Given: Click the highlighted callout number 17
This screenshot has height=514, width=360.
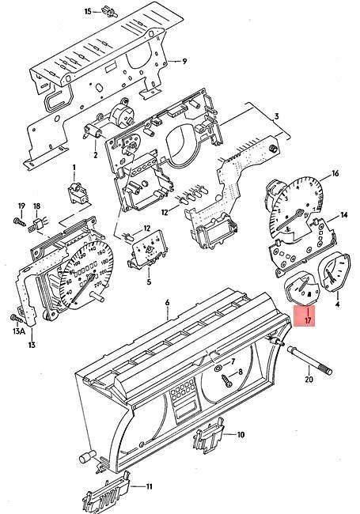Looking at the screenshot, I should (x=308, y=323).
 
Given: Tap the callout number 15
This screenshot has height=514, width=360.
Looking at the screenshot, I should (x=89, y=11).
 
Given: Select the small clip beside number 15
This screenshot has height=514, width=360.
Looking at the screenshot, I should (x=109, y=12).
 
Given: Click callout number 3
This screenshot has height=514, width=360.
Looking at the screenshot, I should (x=277, y=117).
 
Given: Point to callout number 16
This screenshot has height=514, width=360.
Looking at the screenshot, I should (x=335, y=173).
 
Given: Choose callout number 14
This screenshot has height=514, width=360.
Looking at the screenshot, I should (x=344, y=215).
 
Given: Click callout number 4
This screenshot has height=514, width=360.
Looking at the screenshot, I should (x=337, y=304).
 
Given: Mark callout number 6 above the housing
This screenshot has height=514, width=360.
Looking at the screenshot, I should (x=167, y=304).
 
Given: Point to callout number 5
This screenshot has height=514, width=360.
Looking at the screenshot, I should (x=148, y=280).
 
